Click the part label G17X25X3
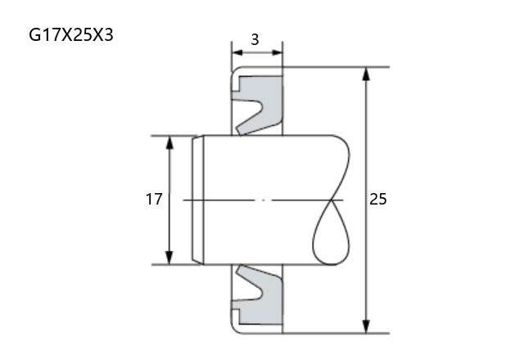coord(71,34)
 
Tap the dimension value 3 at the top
coord(255,40)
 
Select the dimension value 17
coord(154,200)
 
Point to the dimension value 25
coord(378,199)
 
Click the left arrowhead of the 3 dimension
coord(237,52)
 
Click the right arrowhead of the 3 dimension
coord(278,52)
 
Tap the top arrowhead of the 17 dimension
coord(169,142)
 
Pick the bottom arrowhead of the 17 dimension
coord(169,258)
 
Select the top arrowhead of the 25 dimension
coord(366,74)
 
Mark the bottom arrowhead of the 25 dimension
coord(366,326)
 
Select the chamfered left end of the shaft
coord(198,200)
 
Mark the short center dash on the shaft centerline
coord(264,200)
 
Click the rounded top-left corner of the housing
coord(235,71)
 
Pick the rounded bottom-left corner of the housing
coord(235,329)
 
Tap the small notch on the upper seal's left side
coord(236,84)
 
